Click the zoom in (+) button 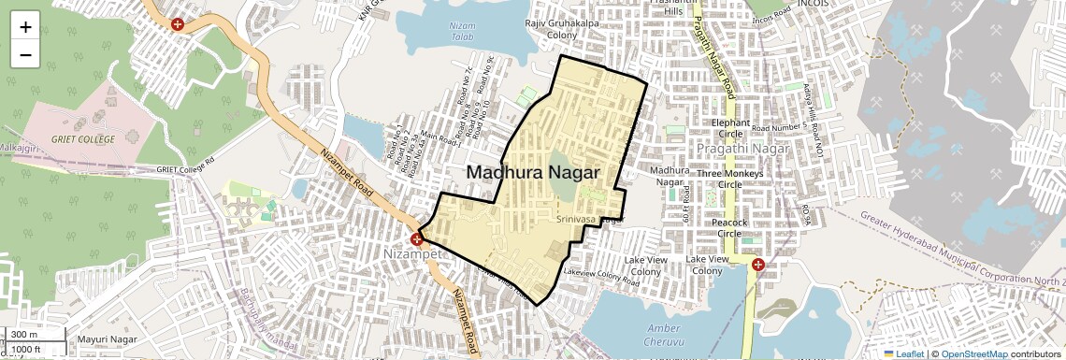pyautogui.click(x=25, y=26)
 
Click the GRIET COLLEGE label pyautogui.click(x=83, y=139)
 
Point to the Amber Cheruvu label pyautogui.click(x=665, y=334)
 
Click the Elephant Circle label pyautogui.click(x=730, y=128)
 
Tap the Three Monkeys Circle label pyautogui.click(x=730, y=179)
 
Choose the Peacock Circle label pyautogui.click(x=729, y=228)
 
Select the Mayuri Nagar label pyautogui.click(x=107, y=338)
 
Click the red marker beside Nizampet pyautogui.click(x=416, y=239)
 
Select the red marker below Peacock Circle pyautogui.click(x=758, y=266)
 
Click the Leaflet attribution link pyautogui.click(x=902, y=354)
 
